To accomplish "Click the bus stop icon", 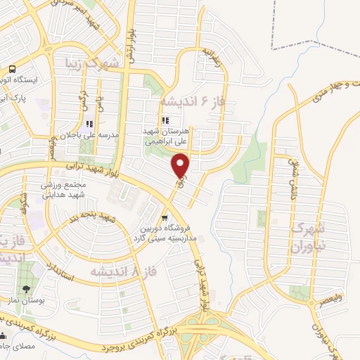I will (13, 69).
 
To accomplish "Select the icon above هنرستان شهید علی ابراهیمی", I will (166, 121).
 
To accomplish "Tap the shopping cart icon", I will (164, 217).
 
